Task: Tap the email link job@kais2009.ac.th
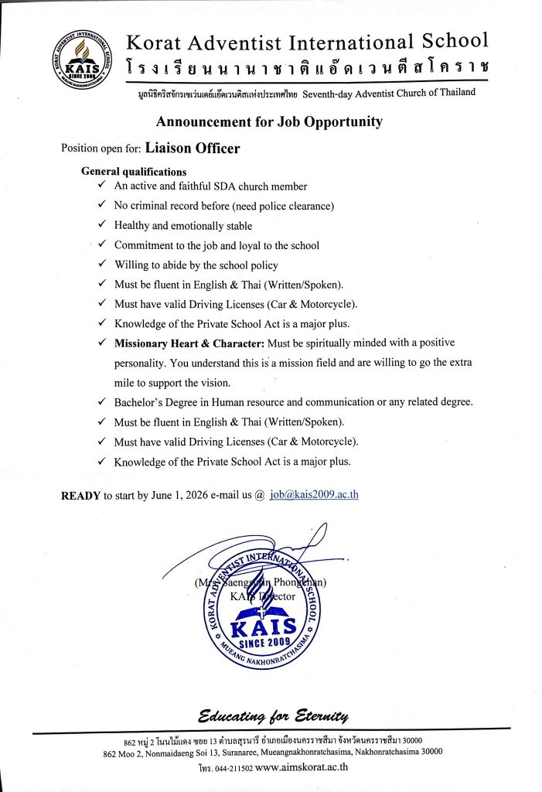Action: pos(314,495)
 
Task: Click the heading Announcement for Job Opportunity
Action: pos(269,121)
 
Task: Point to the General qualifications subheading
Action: pos(134,172)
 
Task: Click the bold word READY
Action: pos(80,496)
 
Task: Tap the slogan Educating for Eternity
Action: pos(274,713)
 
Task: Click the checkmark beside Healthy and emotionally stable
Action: pos(102,225)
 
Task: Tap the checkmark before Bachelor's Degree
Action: pos(102,401)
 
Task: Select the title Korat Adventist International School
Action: pos(307,42)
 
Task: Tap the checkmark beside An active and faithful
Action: pos(102,186)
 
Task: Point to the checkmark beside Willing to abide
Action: pos(102,265)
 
